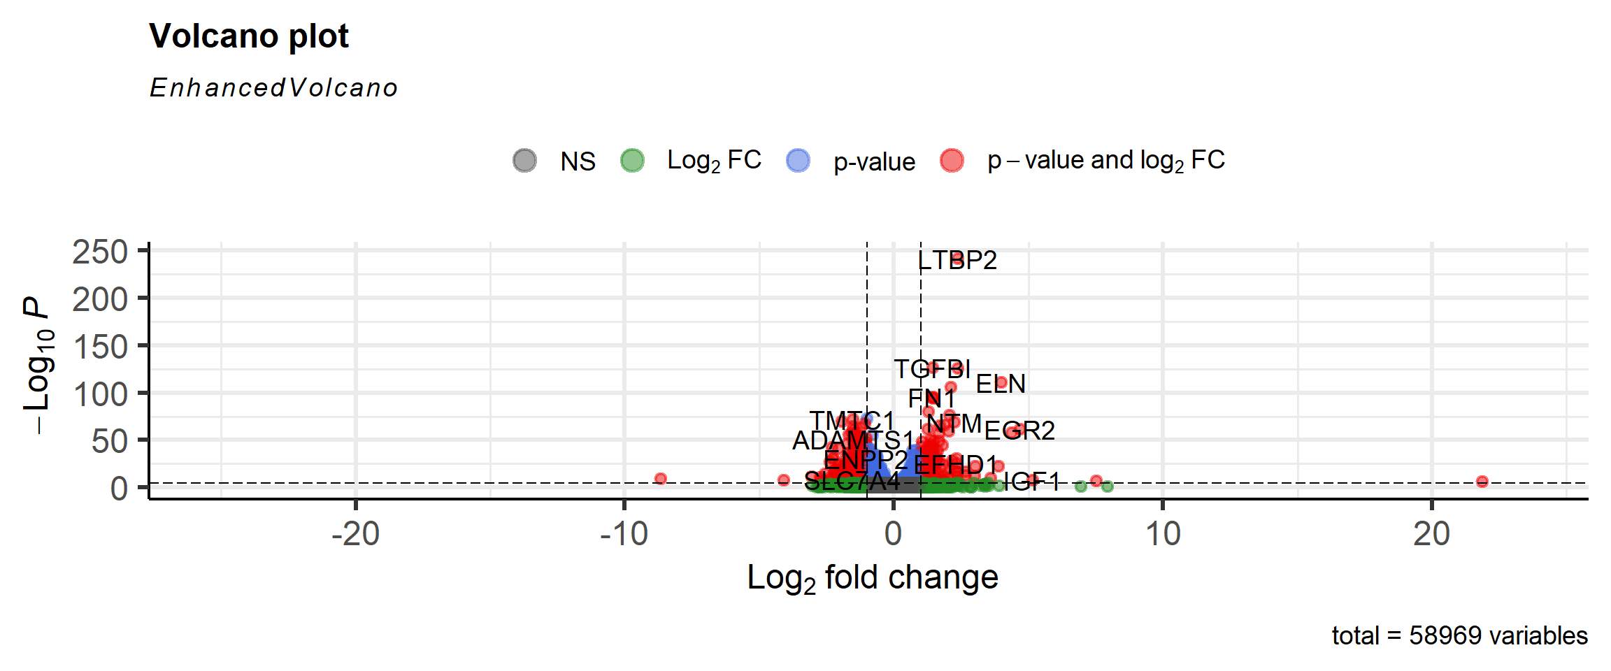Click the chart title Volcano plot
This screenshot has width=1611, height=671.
click(x=248, y=36)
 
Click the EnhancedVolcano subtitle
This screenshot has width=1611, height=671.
click(x=273, y=88)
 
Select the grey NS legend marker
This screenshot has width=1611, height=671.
click(x=524, y=160)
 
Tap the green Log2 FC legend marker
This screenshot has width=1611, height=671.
click(x=632, y=160)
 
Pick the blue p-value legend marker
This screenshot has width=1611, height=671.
click(x=798, y=160)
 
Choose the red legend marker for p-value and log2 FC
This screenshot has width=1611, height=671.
click(x=952, y=160)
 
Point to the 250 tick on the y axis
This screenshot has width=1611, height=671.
click(x=100, y=252)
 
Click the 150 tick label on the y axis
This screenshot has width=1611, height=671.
click(x=100, y=347)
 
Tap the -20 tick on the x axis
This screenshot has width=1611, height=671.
click(x=355, y=535)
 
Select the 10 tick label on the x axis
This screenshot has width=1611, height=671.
click(x=1163, y=535)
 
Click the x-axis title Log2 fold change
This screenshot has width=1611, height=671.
click(x=872, y=579)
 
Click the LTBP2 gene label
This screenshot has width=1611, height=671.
click(x=957, y=260)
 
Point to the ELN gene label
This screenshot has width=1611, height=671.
click(x=1001, y=384)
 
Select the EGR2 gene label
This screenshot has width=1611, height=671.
click(x=1019, y=431)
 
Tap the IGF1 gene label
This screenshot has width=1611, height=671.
click(x=1031, y=481)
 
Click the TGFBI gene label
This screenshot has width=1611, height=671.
click(x=932, y=368)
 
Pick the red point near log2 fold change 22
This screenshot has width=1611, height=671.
click(x=1482, y=482)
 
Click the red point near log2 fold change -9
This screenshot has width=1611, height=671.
click(x=660, y=479)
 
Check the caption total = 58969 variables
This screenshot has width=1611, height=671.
click(x=1459, y=636)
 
